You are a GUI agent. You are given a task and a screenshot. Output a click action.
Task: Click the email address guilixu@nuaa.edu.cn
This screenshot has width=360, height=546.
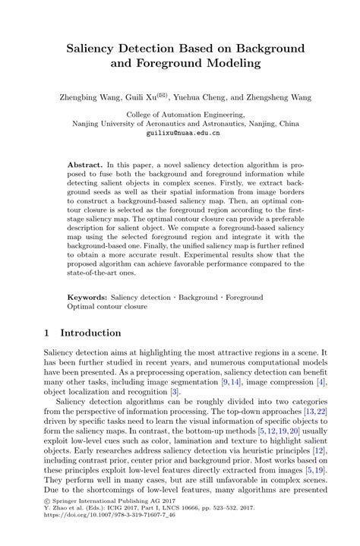183,132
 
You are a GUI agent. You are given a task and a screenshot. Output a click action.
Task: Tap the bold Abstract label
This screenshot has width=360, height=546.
84,163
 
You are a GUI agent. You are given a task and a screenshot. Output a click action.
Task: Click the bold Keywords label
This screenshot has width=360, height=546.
87,297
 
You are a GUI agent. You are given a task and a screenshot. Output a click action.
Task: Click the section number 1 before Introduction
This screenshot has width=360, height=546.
47,333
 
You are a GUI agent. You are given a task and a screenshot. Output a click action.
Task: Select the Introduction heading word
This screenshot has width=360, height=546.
90,333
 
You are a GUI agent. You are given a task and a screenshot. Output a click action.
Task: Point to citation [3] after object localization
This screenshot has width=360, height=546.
175,391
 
